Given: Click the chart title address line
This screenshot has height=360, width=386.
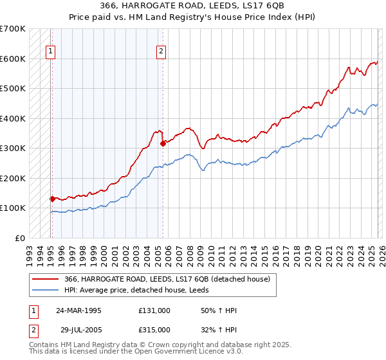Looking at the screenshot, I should pos(192,5).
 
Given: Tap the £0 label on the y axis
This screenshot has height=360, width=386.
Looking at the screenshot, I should pos(19,238).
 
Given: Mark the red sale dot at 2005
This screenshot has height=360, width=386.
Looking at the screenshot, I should pos(163,144).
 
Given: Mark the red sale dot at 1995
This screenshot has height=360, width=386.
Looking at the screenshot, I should pos(52,199).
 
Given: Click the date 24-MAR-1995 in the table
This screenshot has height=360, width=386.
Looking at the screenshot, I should pos(78,310).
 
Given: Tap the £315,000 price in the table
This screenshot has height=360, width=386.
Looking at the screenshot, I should pos(154,329).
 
